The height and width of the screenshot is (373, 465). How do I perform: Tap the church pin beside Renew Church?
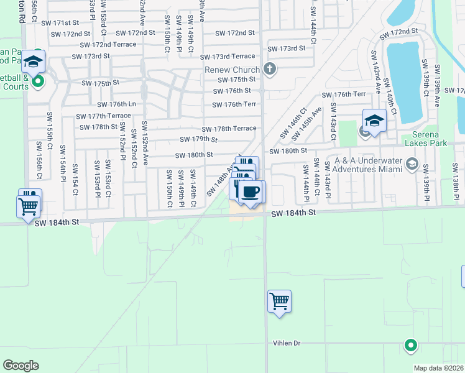click(x=269, y=68)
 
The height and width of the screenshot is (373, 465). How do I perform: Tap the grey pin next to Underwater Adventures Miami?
click(x=411, y=163)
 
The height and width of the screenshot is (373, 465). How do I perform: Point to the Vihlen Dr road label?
click(x=286, y=343)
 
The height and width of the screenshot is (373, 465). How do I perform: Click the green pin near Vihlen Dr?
click(x=410, y=345)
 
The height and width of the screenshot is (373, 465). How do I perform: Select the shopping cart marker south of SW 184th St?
click(x=279, y=302)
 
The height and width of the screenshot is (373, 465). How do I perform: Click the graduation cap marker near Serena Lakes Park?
click(x=374, y=121)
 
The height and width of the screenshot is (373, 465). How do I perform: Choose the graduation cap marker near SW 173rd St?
click(x=33, y=62)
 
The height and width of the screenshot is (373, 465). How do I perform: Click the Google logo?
click(x=21, y=366)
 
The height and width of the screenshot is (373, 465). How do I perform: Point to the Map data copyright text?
click(x=439, y=368)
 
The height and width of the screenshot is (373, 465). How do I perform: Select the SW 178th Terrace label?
click(x=228, y=128)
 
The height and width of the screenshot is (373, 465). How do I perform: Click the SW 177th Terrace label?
click(x=103, y=116)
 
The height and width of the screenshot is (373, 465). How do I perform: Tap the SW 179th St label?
click(x=198, y=139)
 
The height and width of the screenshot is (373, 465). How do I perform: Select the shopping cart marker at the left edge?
click(x=29, y=207)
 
